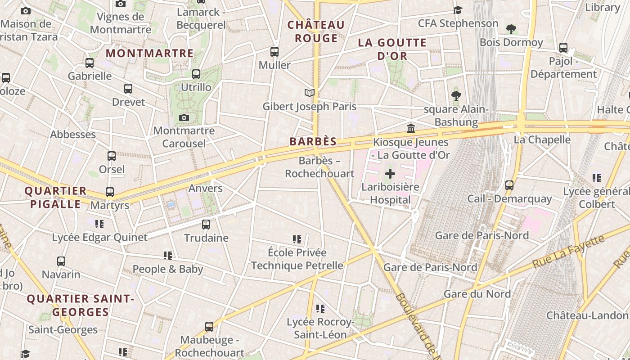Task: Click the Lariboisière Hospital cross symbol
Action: pyautogui.click(x=390, y=174)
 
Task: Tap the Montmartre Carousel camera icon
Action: pyautogui.click(x=184, y=118)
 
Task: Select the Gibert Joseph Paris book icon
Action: pyautogui.click(x=309, y=93)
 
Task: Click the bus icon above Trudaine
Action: pyautogui.click(x=206, y=224)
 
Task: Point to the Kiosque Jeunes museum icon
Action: pyautogui.click(x=411, y=129)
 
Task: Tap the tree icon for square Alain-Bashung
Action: pyautogui.click(x=456, y=95)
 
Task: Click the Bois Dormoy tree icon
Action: pyautogui.click(x=511, y=29)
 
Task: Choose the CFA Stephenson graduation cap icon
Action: pyautogui.click(x=458, y=10)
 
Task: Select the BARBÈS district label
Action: pyautogui.click(x=313, y=141)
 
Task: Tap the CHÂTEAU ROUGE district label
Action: pyautogui.click(x=316, y=31)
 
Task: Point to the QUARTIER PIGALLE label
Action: pyautogui.click(x=55, y=198)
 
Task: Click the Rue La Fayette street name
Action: pyautogui.click(x=568, y=252)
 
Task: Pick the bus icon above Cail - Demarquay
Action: pyautogui.click(x=509, y=185)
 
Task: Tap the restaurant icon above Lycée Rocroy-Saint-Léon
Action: pyautogui.click(x=320, y=309)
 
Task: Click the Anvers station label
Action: pyautogui.click(x=205, y=188)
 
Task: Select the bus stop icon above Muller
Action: pyautogui.click(x=274, y=52)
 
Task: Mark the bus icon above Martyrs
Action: pyautogui.click(x=110, y=192)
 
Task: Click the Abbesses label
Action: pyautogui.click(x=73, y=135)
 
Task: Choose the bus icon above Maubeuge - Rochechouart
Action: pyautogui.click(x=209, y=327)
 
